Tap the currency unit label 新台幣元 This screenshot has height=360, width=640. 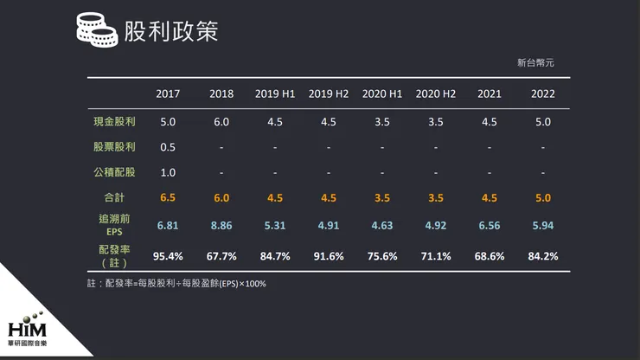(534, 63)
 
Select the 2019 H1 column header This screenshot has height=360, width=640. (275, 93)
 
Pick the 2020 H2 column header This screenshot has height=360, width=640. (435, 93)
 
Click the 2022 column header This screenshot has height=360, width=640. (542, 93)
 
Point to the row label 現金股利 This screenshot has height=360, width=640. (114, 122)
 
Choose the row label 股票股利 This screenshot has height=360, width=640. (114, 147)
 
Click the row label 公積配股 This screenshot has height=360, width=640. (114, 172)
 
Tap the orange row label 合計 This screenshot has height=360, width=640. (114, 197)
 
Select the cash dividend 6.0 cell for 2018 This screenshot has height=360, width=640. (221, 122)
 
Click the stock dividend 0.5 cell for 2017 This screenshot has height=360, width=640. (168, 147)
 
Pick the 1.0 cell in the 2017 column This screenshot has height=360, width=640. (168, 172)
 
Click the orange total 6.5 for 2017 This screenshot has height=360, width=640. (168, 197)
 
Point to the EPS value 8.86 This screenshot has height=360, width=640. (221, 226)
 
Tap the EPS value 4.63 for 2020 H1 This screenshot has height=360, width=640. (381, 226)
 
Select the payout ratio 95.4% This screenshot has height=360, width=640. (168, 256)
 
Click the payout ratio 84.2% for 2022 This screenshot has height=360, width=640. (542, 256)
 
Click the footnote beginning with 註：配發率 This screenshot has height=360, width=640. (176, 284)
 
